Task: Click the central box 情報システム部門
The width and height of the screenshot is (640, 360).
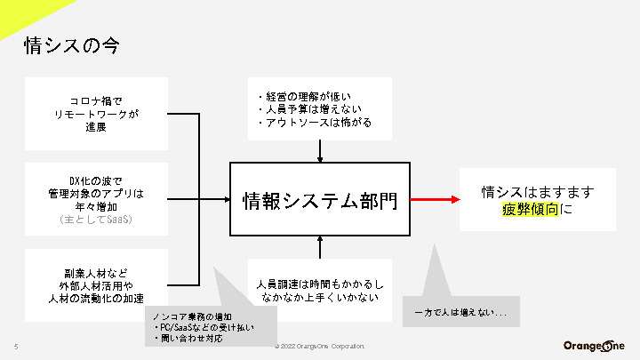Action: pyautogui.click(x=320, y=200)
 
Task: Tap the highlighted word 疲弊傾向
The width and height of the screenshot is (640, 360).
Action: pyautogui.click(x=530, y=211)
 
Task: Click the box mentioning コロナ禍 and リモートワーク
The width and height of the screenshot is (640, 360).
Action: pyautogui.click(x=97, y=114)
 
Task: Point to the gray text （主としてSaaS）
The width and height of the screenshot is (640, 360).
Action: pyautogui.click(x=97, y=219)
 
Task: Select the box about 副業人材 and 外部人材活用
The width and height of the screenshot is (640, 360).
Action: pyautogui.click(x=97, y=285)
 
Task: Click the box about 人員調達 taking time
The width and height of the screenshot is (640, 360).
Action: pyautogui.click(x=319, y=290)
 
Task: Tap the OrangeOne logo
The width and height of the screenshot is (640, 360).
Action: pyautogui.click(x=594, y=346)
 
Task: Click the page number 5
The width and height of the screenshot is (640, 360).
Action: pyautogui.click(x=16, y=347)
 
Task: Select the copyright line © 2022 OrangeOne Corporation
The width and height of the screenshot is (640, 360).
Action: pyautogui.click(x=319, y=347)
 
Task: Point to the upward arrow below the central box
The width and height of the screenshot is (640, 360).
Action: pyautogui.click(x=320, y=246)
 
